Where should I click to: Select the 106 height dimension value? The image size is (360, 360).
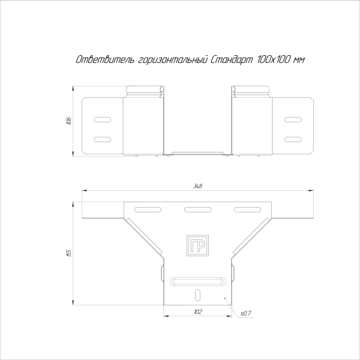[69, 121]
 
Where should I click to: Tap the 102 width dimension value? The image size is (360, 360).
[197, 311]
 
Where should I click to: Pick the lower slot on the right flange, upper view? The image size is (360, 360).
[293, 139]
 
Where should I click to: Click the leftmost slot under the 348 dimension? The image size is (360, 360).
[146, 209]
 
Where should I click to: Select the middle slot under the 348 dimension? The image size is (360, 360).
[196, 209]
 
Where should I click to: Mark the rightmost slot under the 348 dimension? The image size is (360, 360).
[244, 209]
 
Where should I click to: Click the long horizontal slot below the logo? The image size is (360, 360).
[197, 281]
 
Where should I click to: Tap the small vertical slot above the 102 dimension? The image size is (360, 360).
[197, 293]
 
